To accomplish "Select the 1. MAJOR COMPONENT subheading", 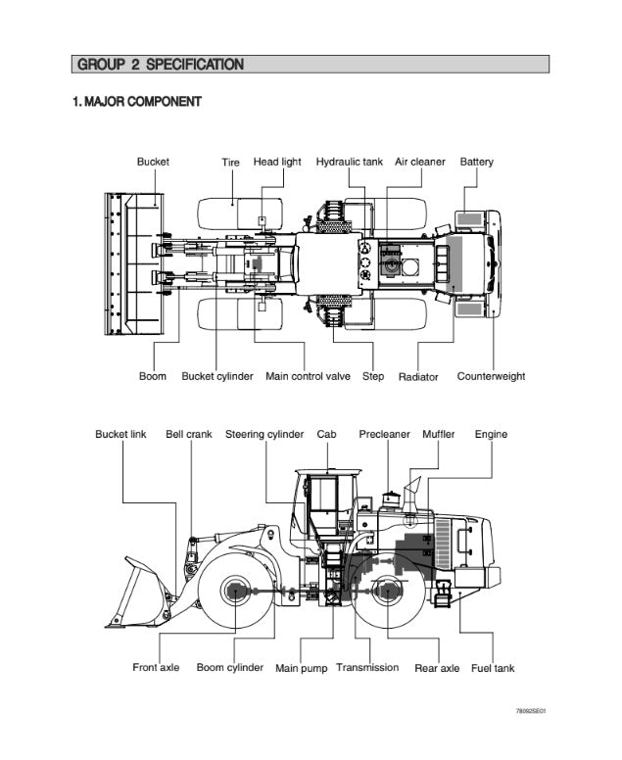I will [x=137, y=102].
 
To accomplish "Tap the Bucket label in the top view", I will [x=153, y=163].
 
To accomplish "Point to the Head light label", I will [x=277, y=163].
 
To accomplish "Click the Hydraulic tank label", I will [x=349, y=163].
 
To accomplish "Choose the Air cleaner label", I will [x=419, y=163].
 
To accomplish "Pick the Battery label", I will [x=477, y=163].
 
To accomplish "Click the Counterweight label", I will [x=491, y=376].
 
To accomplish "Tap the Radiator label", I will [x=418, y=377].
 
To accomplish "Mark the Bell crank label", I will [x=189, y=434].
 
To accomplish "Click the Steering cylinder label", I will [x=264, y=434].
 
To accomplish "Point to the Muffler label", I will [x=438, y=434].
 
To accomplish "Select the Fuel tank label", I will [x=493, y=668].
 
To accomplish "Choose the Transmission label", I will [x=367, y=668].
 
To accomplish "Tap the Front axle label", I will [x=156, y=668].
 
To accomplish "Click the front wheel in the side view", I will [x=235, y=592].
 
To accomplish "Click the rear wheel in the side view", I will [x=389, y=592].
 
